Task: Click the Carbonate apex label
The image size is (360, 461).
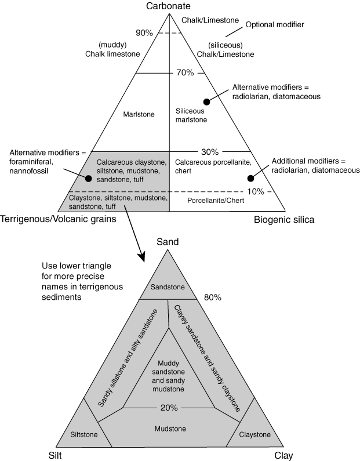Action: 168,6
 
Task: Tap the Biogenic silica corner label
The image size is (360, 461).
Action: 284,220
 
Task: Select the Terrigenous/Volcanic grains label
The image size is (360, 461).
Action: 58,219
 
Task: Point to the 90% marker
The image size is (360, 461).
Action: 144,33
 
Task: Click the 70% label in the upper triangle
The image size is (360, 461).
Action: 185,72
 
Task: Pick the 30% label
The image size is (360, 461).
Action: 210,152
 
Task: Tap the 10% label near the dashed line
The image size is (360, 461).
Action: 256,192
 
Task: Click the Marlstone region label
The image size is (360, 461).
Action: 139,114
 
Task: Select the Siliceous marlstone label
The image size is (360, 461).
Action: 191,115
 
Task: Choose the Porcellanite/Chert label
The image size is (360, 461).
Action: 216,201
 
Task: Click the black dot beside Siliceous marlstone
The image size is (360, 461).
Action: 206,101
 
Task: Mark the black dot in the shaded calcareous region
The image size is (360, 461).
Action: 88,179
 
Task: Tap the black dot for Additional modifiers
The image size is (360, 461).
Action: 250,178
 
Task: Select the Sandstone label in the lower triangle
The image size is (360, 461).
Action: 168,287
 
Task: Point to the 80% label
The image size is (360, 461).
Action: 213,297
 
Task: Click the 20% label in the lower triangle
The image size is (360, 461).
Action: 169,408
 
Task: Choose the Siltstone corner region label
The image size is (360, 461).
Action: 83,434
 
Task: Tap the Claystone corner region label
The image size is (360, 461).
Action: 255,434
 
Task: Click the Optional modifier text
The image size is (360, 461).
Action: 275,25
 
